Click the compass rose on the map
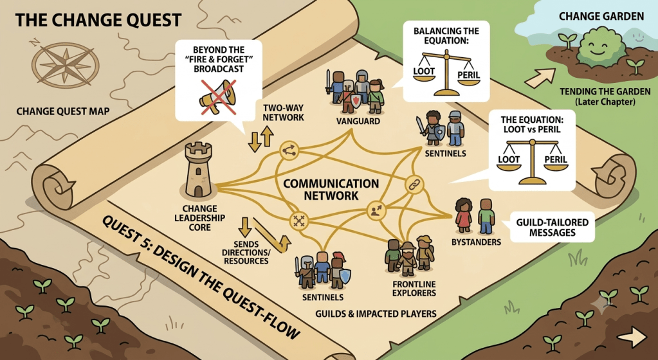coord(66,66)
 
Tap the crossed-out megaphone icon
coord(218,97)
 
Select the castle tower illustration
coord(199,170)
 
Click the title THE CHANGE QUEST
coord(98,20)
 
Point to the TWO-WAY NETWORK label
coord(283,113)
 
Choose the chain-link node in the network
coord(415,184)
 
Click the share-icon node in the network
coord(289,150)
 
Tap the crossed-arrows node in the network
coord(299,221)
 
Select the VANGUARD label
coord(358,122)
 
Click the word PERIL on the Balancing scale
coord(469,75)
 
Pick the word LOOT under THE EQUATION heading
coord(509,159)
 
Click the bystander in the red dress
coord(464,215)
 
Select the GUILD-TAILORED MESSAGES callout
coord(553,227)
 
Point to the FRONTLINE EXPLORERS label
coord(414,288)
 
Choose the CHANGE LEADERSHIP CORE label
coord(200,218)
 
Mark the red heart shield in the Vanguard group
coord(356,101)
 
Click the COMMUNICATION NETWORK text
coord(331,190)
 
